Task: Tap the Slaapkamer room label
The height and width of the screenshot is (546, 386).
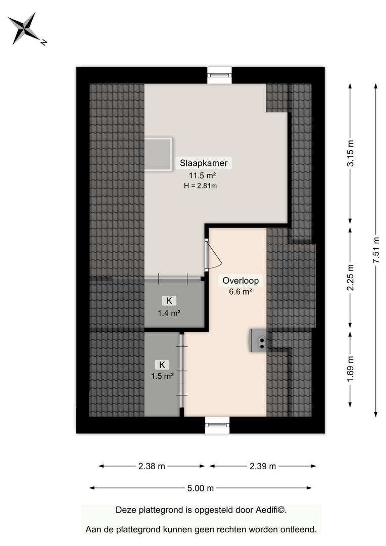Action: (204, 163)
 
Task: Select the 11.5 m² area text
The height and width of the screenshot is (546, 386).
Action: (202, 175)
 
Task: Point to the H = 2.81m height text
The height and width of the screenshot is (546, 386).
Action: (201, 186)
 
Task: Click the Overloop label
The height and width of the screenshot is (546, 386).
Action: (240, 281)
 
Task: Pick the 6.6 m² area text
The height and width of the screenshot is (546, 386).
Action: (240, 292)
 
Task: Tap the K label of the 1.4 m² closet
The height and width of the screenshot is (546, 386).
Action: (169, 300)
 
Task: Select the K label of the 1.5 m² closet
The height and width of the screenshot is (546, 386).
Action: (162, 365)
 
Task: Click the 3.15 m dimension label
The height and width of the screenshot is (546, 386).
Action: (350, 153)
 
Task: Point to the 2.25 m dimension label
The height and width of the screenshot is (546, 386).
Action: (350, 278)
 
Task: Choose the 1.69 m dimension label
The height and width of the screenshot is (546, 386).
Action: (350, 369)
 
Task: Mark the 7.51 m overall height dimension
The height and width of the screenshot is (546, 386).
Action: (375, 250)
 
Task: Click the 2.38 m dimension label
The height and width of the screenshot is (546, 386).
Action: (152, 466)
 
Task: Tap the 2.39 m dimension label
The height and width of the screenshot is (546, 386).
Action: (263, 466)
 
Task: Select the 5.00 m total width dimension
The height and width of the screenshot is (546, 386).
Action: (201, 488)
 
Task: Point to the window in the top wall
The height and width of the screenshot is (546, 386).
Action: (220, 75)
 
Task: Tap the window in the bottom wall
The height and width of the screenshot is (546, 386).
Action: (217, 425)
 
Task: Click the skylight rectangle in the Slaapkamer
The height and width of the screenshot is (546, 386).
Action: (158, 154)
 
